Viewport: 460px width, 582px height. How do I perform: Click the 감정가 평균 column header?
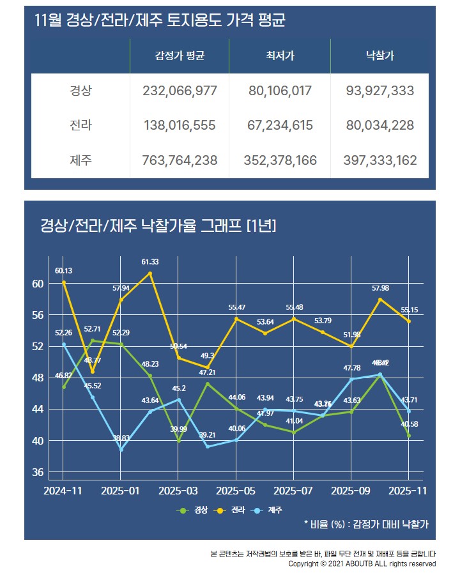pyautogui.click(x=180, y=56)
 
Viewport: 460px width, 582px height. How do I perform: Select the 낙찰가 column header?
pyautogui.click(x=380, y=56)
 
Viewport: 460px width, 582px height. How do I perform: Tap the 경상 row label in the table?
pyautogui.click(x=80, y=91)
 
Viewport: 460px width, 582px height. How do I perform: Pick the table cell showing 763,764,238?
pyautogui.click(x=180, y=160)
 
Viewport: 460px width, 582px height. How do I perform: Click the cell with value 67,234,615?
pyautogui.click(x=280, y=125)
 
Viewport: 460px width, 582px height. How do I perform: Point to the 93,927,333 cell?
pyautogui.click(x=380, y=91)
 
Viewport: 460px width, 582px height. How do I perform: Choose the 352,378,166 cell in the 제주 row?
pyautogui.click(x=280, y=160)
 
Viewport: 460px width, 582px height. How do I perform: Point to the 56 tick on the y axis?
pyautogui.click(x=38, y=315)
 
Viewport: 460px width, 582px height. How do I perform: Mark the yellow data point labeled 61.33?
pyautogui.click(x=150, y=273)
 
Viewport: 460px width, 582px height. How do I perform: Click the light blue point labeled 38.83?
pyautogui.click(x=121, y=449)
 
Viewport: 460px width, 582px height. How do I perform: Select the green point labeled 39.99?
pyautogui.click(x=179, y=441)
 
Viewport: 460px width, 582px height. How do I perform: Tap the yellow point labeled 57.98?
pyautogui.click(x=380, y=300)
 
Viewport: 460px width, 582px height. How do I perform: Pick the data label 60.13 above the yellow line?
pyautogui.click(x=63, y=270)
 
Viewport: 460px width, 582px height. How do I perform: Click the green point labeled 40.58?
pyautogui.click(x=409, y=436)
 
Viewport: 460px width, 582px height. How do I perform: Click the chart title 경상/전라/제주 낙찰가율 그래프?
pyautogui.click(x=158, y=225)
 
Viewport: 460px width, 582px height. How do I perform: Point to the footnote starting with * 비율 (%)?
pyautogui.click(x=366, y=524)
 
